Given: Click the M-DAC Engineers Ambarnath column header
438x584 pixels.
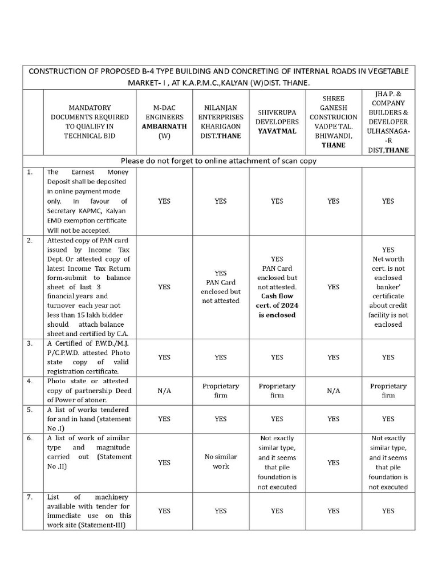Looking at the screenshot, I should click(164, 121).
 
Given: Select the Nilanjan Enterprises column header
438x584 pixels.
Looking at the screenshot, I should click(220, 121).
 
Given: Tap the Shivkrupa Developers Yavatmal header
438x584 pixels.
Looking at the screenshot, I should click(277, 121).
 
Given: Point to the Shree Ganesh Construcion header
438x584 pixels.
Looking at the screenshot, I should click(333, 121).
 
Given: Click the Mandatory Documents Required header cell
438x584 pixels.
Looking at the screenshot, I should click(90, 121).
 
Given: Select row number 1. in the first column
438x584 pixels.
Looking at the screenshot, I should click(29, 172).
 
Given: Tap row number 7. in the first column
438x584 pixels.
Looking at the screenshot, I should click(29, 497).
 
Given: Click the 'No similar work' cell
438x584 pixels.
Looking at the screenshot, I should click(220, 462).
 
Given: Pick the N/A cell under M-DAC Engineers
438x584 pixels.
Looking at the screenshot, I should click(164, 391).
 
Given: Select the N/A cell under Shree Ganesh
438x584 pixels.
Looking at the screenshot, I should click(333, 391).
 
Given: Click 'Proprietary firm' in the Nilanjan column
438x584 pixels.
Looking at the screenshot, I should click(220, 391).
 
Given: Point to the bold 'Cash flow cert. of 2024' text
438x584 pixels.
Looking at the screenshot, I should click(277, 305).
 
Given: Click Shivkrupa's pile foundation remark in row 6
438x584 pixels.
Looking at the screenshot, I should click(277, 463).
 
